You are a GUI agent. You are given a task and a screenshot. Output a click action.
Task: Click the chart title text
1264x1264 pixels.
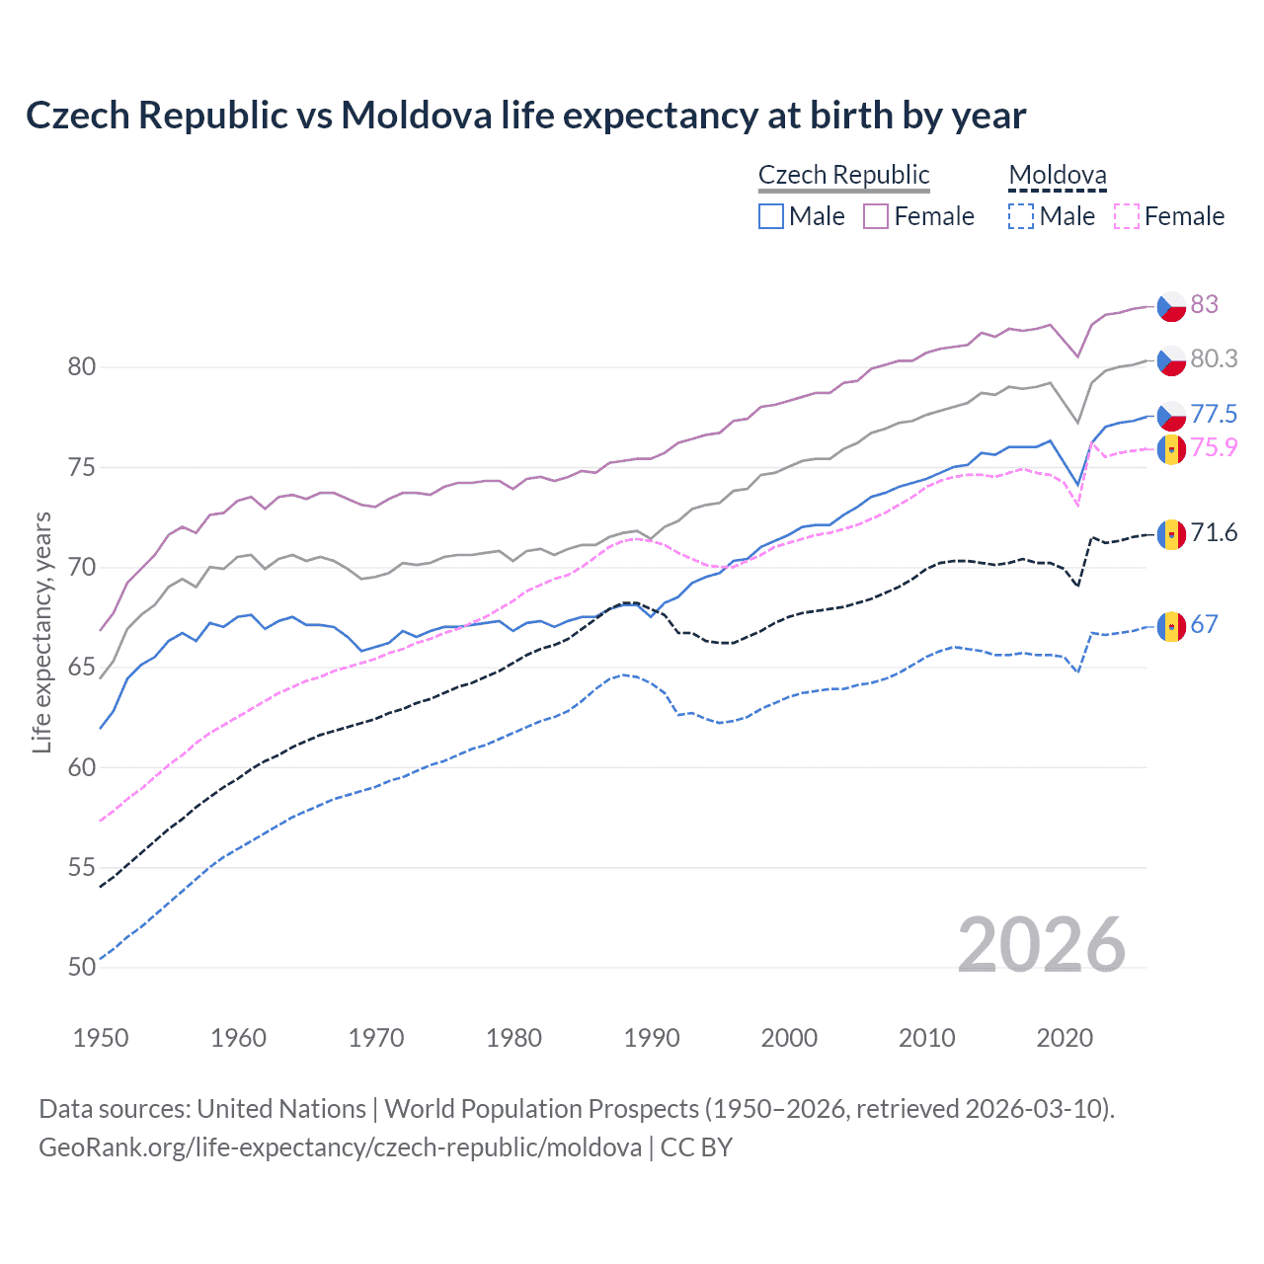(x=525, y=116)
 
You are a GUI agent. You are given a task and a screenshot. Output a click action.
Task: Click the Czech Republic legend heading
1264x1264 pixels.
(x=843, y=175)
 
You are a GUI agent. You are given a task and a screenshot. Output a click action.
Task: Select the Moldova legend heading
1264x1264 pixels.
(x=1057, y=176)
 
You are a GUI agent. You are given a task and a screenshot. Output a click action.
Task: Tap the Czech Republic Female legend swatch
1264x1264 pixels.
(x=876, y=216)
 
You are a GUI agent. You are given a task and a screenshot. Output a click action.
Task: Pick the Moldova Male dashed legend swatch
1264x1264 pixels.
(x=1020, y=216)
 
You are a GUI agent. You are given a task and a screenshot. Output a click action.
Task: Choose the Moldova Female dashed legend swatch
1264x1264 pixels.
(x=1126, y=216)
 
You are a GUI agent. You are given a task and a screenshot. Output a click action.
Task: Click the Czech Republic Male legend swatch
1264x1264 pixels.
(x=771, y=216)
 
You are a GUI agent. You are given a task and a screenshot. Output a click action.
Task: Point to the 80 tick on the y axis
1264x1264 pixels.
(x=82, y=367)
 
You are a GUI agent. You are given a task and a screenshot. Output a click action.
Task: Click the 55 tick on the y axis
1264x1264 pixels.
(x=82, y=868)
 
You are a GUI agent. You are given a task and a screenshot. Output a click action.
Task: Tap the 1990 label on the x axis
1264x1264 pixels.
(x=652, y=1038)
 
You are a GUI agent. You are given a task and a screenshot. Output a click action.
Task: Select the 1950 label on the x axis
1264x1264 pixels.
(x=101, y=1038)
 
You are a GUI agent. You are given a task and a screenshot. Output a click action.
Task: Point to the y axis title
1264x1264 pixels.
(x=41, y=632)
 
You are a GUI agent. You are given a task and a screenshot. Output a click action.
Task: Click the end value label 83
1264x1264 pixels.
(x=1204, y=304)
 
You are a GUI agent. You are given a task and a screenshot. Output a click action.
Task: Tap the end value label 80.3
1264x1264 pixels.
(x=1214, y=358)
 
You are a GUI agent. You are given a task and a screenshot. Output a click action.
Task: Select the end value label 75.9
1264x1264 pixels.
(x=1214, y=447)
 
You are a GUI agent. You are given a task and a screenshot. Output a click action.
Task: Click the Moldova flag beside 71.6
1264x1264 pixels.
(x=1171, y=534)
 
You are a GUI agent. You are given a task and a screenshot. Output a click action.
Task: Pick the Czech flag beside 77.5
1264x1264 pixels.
(x=1171, y=416)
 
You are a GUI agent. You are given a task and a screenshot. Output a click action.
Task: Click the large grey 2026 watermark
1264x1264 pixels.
(x=1041, y=945)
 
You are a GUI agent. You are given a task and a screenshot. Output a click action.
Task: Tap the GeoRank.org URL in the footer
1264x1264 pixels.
(x=340, y=1147)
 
